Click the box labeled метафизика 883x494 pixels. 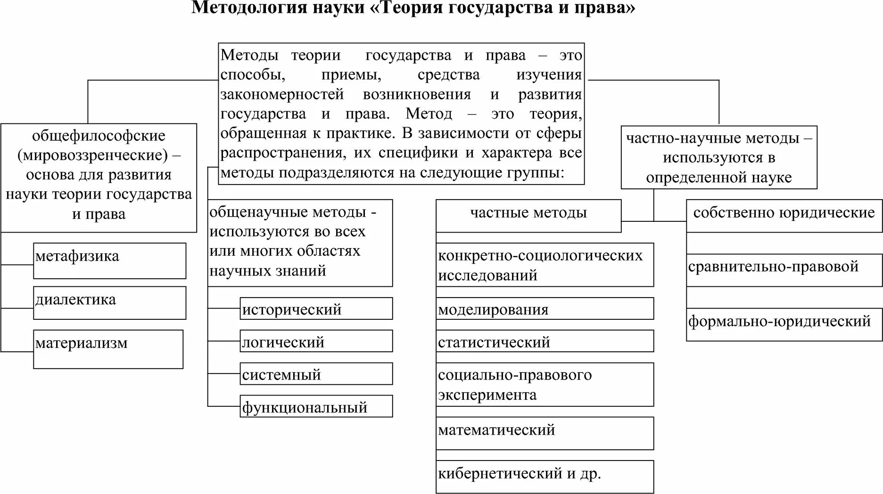point(109,260)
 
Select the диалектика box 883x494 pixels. point(109,303)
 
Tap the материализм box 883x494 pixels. point(108,348)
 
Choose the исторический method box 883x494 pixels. point(316,308)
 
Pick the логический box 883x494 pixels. point(316,341)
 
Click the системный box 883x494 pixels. point(316,374)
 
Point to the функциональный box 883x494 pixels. point(316,406)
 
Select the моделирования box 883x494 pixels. point(545,309)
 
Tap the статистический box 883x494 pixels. point(545,341)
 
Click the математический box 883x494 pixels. point(545,433)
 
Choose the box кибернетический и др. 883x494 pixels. point(545,476)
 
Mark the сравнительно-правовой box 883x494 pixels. point(784,269)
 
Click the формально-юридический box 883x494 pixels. point(784,324)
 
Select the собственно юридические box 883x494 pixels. point(784,215)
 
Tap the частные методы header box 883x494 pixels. point(528,215)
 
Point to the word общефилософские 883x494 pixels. point(99,136)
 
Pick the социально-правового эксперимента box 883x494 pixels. point(545,384)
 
